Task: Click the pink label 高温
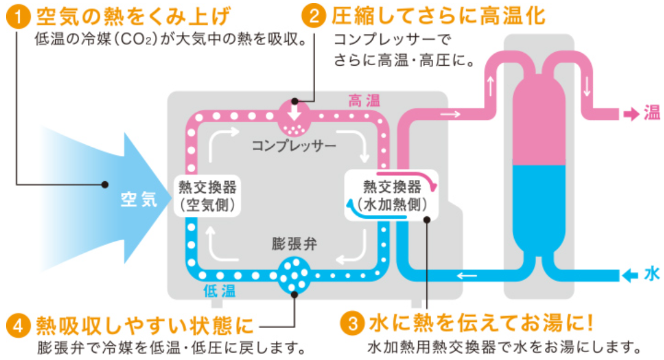click(x=364, y=101)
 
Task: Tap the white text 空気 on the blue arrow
click(x=139, y=200)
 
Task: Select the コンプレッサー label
click(x=294, y=146)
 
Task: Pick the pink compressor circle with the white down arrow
click(x=294, y=117)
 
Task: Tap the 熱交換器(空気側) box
click(x=207, y=195)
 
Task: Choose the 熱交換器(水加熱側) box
click(x=392, y=195)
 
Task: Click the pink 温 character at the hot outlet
click(x=652, y=113)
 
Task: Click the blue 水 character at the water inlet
click(x=652, y=275)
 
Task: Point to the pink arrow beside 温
click(x=631, y=114)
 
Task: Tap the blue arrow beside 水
click(x=630, y=275)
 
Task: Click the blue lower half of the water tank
click(x=538, y=209)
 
